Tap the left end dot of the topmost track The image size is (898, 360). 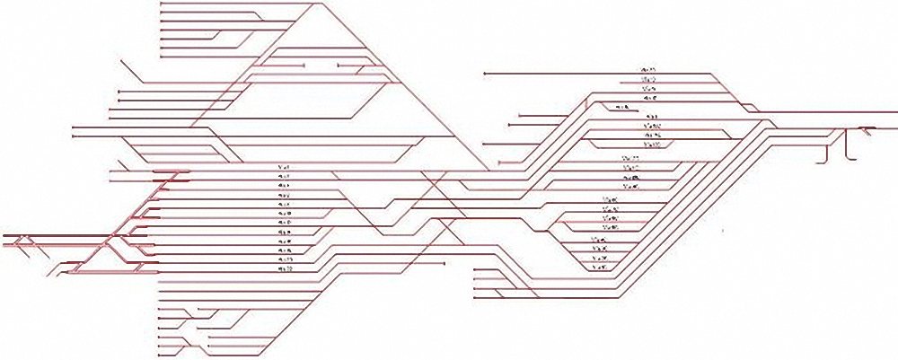160,4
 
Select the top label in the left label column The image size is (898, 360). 285,167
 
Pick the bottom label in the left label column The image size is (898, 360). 285,268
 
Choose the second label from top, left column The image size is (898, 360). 285,176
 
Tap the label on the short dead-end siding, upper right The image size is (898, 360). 620,108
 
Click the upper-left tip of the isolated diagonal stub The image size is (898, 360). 120,60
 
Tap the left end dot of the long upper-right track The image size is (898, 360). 484,72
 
